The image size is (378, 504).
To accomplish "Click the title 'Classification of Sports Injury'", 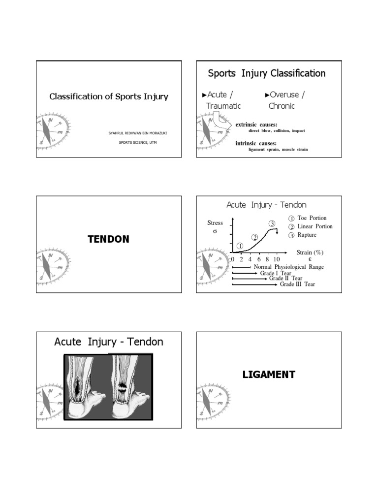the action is pos(109,96).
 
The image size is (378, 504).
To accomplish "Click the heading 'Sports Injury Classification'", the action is pos(266,73).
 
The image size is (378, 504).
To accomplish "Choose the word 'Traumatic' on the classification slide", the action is pos(224,106).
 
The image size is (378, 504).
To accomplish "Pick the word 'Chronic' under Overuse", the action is pos(282,106).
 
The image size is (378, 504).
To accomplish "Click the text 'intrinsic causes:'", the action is pos(256,143).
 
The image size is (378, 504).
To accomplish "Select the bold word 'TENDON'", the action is pos(108,240).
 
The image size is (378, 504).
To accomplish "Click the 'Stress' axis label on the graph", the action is pos(215,223).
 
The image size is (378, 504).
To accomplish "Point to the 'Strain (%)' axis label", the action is pos(310,252).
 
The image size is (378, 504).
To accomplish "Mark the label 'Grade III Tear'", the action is pos(297,284).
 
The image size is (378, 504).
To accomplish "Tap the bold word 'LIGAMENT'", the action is pos(269,375).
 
